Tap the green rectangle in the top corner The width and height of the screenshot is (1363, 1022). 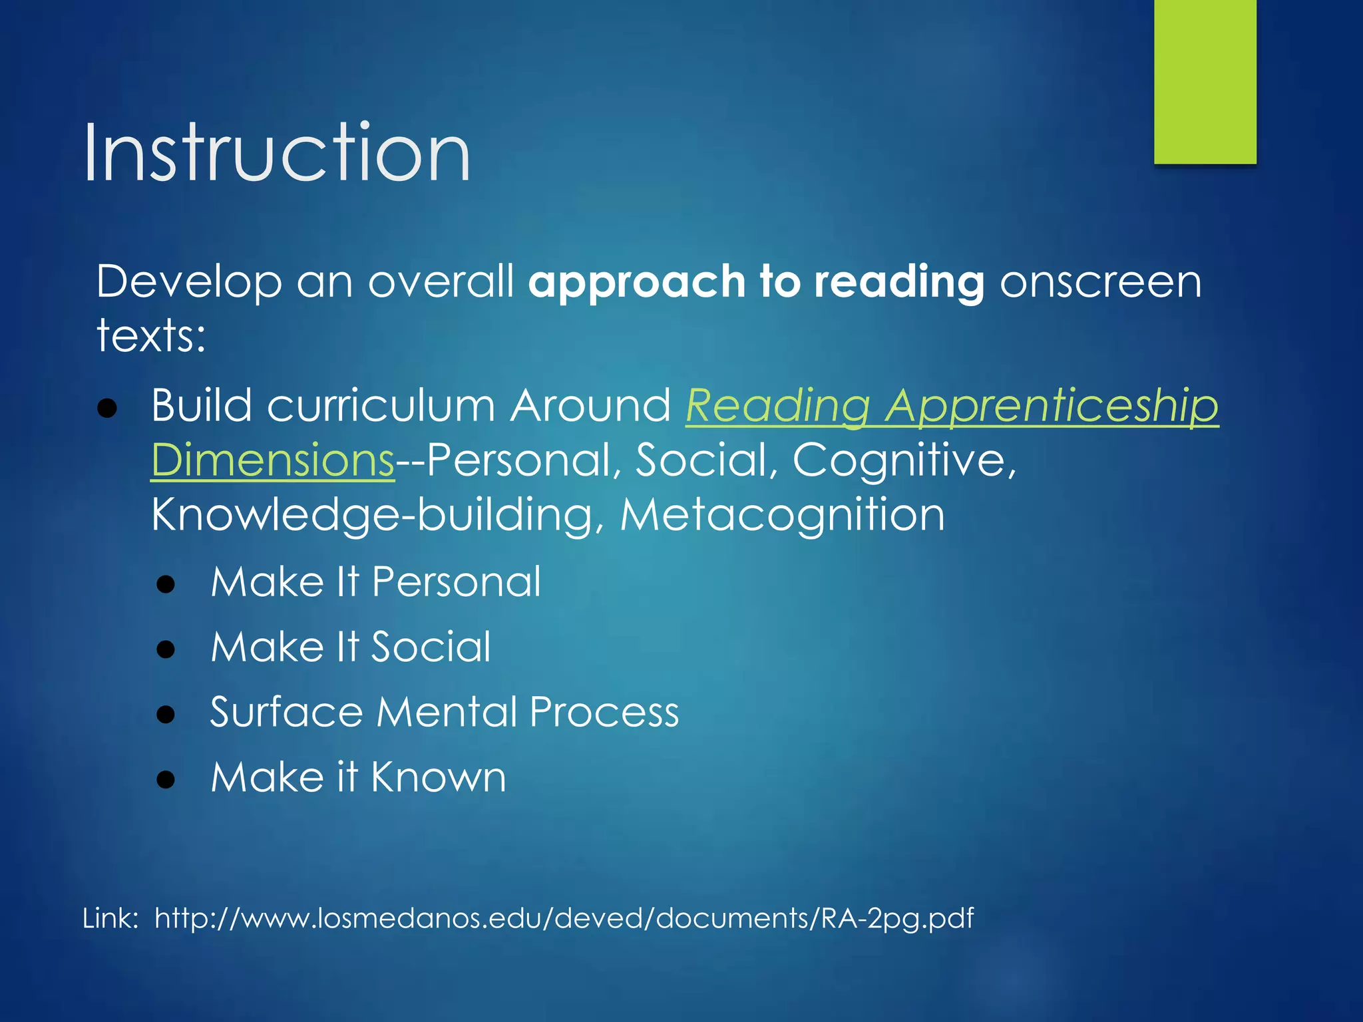1205,81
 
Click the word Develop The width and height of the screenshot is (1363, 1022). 189,282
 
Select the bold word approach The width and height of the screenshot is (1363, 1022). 636,282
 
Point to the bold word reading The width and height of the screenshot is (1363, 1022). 899,282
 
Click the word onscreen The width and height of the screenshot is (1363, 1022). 1101,282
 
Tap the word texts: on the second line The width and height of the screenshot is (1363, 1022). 151,335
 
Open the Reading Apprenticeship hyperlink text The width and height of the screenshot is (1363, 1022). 952,405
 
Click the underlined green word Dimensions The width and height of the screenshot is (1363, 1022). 273,460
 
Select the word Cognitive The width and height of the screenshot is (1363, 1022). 904,460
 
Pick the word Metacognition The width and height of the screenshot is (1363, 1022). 782,514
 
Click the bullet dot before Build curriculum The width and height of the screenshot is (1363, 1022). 107,408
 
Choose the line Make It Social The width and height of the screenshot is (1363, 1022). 351,647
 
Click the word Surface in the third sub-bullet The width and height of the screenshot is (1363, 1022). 286,712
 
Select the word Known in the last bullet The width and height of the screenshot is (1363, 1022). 439,776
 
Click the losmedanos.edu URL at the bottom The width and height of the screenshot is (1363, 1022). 564,918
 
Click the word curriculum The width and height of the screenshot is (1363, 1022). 381,405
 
